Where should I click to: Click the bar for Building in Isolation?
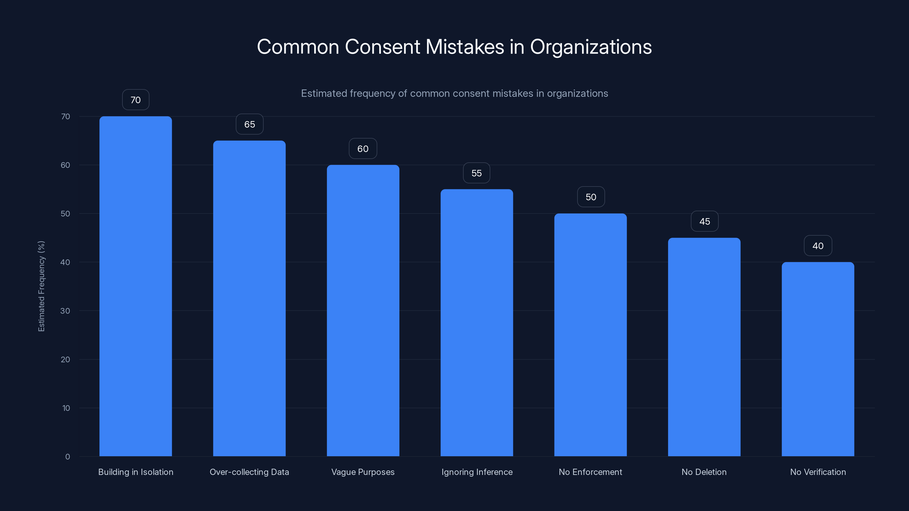click(135, 286)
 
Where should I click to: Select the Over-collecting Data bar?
click(249, 298)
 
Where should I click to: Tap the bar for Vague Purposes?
click(363, 310)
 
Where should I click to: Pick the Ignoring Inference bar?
click(476, 323)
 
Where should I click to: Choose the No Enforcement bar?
click(590, 335)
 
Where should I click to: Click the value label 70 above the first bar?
click(135, 100)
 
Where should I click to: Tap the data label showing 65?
click(249, 124)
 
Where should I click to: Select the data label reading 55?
click(476, 173)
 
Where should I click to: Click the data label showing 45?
click(704, 221)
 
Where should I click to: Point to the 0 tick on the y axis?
click(67, 457)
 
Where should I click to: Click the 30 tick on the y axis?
click(65, 311)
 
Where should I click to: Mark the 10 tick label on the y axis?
click(66, 408)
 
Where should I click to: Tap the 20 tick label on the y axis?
click(65, 359)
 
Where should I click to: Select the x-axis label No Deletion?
click(704, 472)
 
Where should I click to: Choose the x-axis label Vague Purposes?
click(363, 472)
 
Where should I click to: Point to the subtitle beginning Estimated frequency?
click(454, 93)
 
